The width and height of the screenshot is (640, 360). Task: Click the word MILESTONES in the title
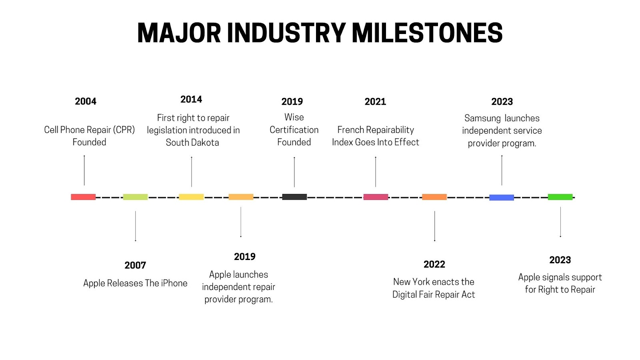pyautogui.click(x=427, y=33)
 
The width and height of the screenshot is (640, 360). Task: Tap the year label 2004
pyautogui.click(x=86, y=101)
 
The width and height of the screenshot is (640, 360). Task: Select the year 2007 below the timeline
pyautogui.click(x=135, y=265)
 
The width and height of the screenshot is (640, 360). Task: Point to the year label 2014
pyautogui.click(x=191, y=99)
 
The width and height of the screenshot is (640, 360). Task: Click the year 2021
pyautogui.click(x=375, y=102)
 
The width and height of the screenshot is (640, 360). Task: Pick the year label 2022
pyautogui.click(x=434, y=264)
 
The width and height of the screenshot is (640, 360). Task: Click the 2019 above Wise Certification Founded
pyautogui.click(x=292, y=102)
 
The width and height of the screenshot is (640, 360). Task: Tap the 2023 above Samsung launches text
pyautogui.click(x=502, y=102)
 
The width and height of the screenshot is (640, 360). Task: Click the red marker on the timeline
pyautogui.click(x=83, y=197)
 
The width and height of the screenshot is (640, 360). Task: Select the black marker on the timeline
pyautogui.click(x=294, y=197)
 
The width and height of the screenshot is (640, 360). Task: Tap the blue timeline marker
pyautogui.click(x=502, y=197)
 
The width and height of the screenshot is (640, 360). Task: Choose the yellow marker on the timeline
pyautogui.click(x=191, y=197)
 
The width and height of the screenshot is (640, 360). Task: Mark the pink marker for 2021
pyautogui.click(x=376, y=197)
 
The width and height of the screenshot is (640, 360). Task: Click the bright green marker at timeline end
pyautogui.click(x=560, y=197)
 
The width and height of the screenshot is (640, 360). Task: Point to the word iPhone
pyautogui.click(x=174, y=283)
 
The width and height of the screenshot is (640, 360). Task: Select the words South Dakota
pyautogui.click(x=192, y=142)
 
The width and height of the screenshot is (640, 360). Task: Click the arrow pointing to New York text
pyautogui.click(x=434, y=226)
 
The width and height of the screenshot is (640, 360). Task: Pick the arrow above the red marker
pyautogui.click(x=84, y=170)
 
